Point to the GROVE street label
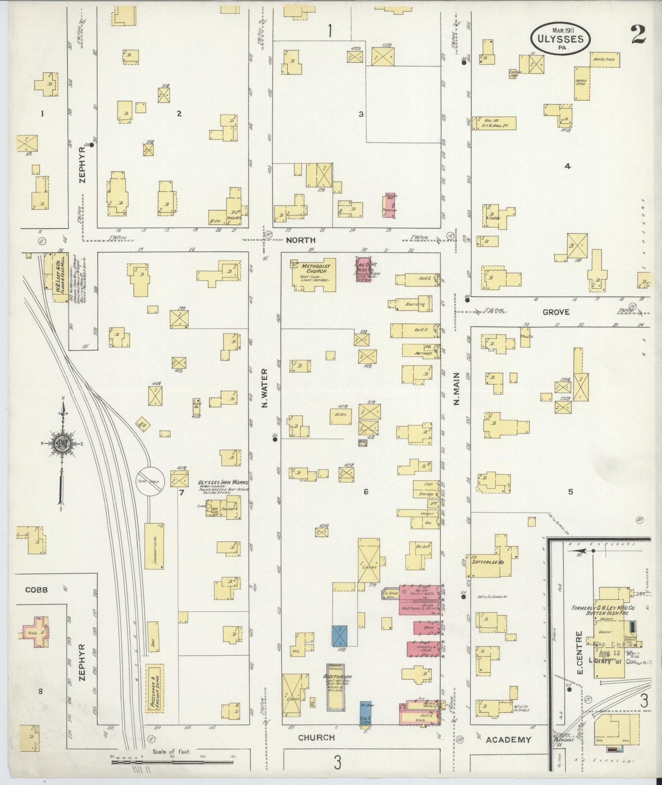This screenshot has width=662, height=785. (556, 312)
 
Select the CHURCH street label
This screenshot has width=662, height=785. (316, 738)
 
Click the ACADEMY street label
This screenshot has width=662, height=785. (508, 739)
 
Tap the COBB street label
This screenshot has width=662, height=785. (37, 590)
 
